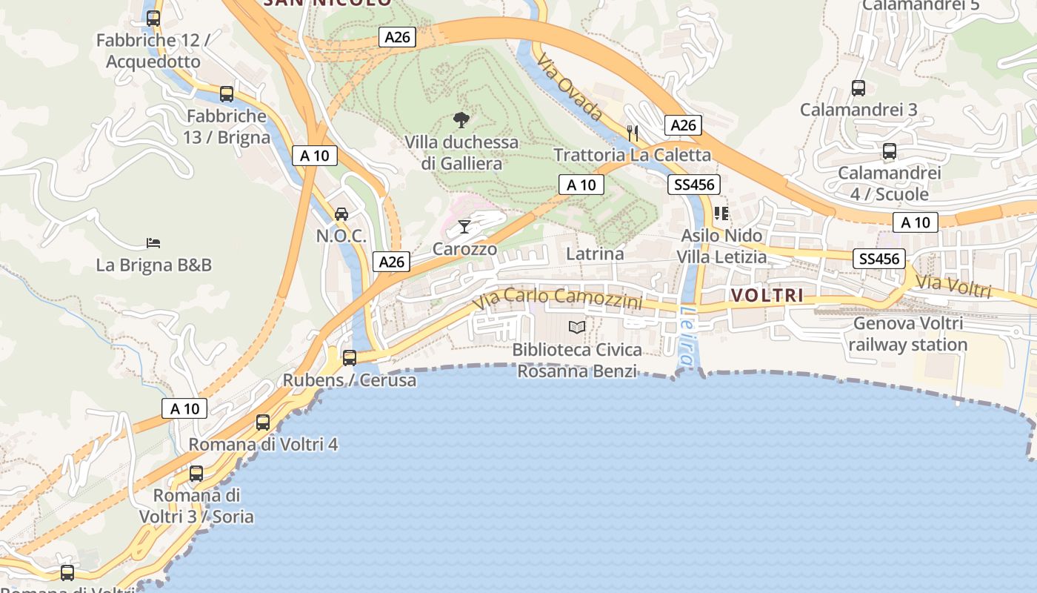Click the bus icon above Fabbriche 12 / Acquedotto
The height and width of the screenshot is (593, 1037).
pyautogui.click(x=153, y=19)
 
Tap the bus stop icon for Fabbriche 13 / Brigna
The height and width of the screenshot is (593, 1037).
pyautogui.click(x=227, y=94)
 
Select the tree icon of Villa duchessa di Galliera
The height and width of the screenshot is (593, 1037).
pyautogui.click(x=461, y=119)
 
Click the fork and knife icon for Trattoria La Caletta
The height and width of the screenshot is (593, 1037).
pyautogui.click(x=633, y=133)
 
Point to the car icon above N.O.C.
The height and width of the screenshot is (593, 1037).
pyautogui.click(x=341, y=214)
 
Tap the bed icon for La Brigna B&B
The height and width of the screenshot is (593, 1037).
pyautogui.click(x=153, y=242)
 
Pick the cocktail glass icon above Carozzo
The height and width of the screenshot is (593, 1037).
pyautogui.click(x=464, y=226)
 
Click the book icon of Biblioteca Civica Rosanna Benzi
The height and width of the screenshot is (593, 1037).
pyautogui.click(x=577, y=327)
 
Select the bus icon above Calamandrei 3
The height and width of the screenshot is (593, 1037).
pyautogui.click(x=858, y=88)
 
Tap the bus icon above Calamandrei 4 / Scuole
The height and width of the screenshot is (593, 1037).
pyautogui.click(x=890, y=152)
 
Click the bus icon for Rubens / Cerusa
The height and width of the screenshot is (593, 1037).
pyautogui.click(x=350, y=358)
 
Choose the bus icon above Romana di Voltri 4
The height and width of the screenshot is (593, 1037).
pyautogui.click(x=263, y=423)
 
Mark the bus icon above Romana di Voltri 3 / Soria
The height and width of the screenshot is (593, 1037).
pyautogui.click(x=196, y=473)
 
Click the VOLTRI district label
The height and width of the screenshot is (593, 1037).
pyautogui.click(x=767, y=295)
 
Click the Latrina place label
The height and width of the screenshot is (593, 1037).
pyautogui.click(x=595, y=254)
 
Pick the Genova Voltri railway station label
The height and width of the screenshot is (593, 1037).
pyautogui.click(x=908, y=334)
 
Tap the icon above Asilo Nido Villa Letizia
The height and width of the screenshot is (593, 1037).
pyautogui.click(x=721, y=213)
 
